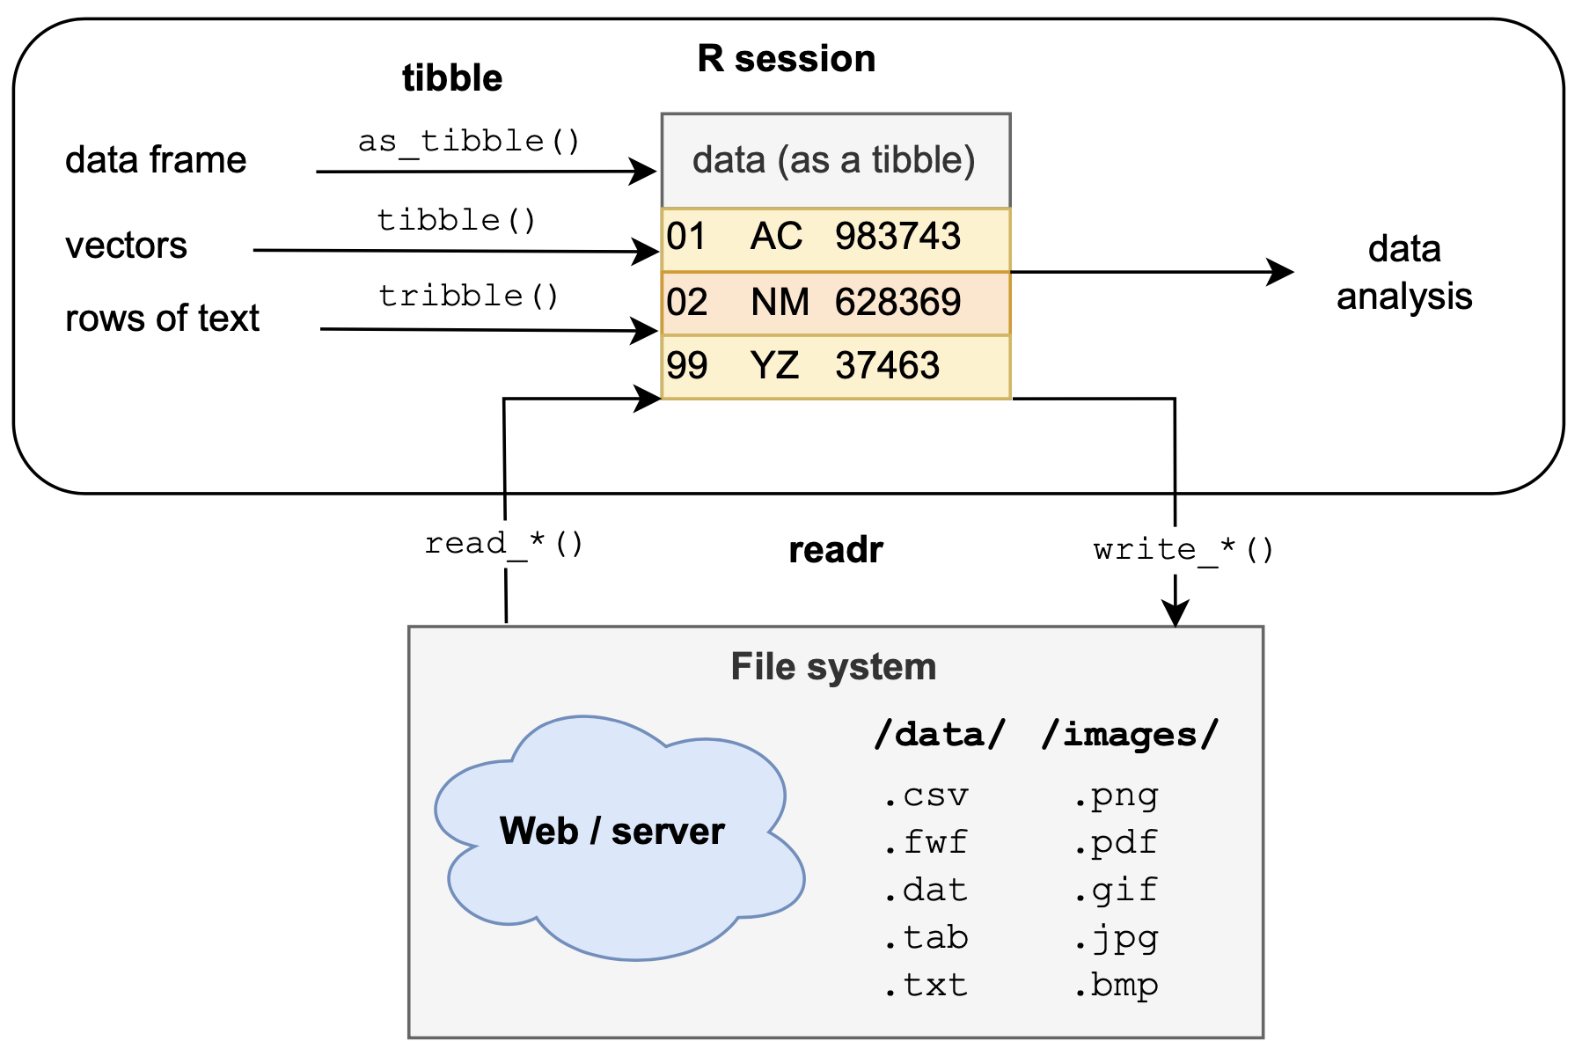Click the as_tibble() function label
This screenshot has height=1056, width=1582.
469,141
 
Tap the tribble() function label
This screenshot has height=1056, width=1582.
469,296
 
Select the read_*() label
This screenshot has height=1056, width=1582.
504,544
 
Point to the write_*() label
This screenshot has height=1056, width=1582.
1183,550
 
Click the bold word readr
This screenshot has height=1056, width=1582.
835,550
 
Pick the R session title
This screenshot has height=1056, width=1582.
786,59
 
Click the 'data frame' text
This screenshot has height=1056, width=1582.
156,160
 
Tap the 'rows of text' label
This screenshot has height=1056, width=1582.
162,319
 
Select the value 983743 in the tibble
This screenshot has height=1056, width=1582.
897,237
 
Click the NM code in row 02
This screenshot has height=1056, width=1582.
780,303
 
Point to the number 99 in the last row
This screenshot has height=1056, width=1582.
686,366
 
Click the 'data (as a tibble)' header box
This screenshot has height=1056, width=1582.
834,160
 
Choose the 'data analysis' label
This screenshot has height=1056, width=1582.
1403,273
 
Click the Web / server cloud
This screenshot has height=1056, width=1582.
612,832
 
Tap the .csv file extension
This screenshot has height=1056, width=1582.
926,796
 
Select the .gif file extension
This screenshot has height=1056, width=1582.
1116,890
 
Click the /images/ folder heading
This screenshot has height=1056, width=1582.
1130,734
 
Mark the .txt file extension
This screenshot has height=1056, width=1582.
926,985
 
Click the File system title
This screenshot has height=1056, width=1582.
833,667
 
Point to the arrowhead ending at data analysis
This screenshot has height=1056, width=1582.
1282,272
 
